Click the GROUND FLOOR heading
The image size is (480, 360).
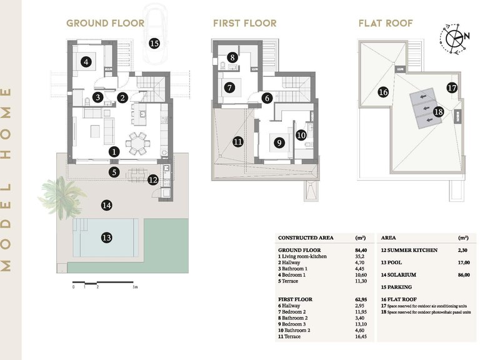click(105, 24)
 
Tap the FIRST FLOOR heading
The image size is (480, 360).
click(244, 24)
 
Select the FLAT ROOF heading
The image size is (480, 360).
click(385, 24)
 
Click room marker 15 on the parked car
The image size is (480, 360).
click(154, 43)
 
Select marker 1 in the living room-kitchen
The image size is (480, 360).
click(114, 151)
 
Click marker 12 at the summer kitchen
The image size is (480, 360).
click(153, 180)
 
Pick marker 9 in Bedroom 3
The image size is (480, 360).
click(279, 142)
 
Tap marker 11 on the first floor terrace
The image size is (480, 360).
click(237, 142)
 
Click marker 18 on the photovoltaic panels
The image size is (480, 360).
click(438, 111)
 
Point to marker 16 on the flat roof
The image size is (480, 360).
click(383, 92)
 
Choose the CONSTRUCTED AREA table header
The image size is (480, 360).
click(306, 238)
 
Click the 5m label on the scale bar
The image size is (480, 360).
click(135, 287)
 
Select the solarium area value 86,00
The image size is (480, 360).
click(463, 275)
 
